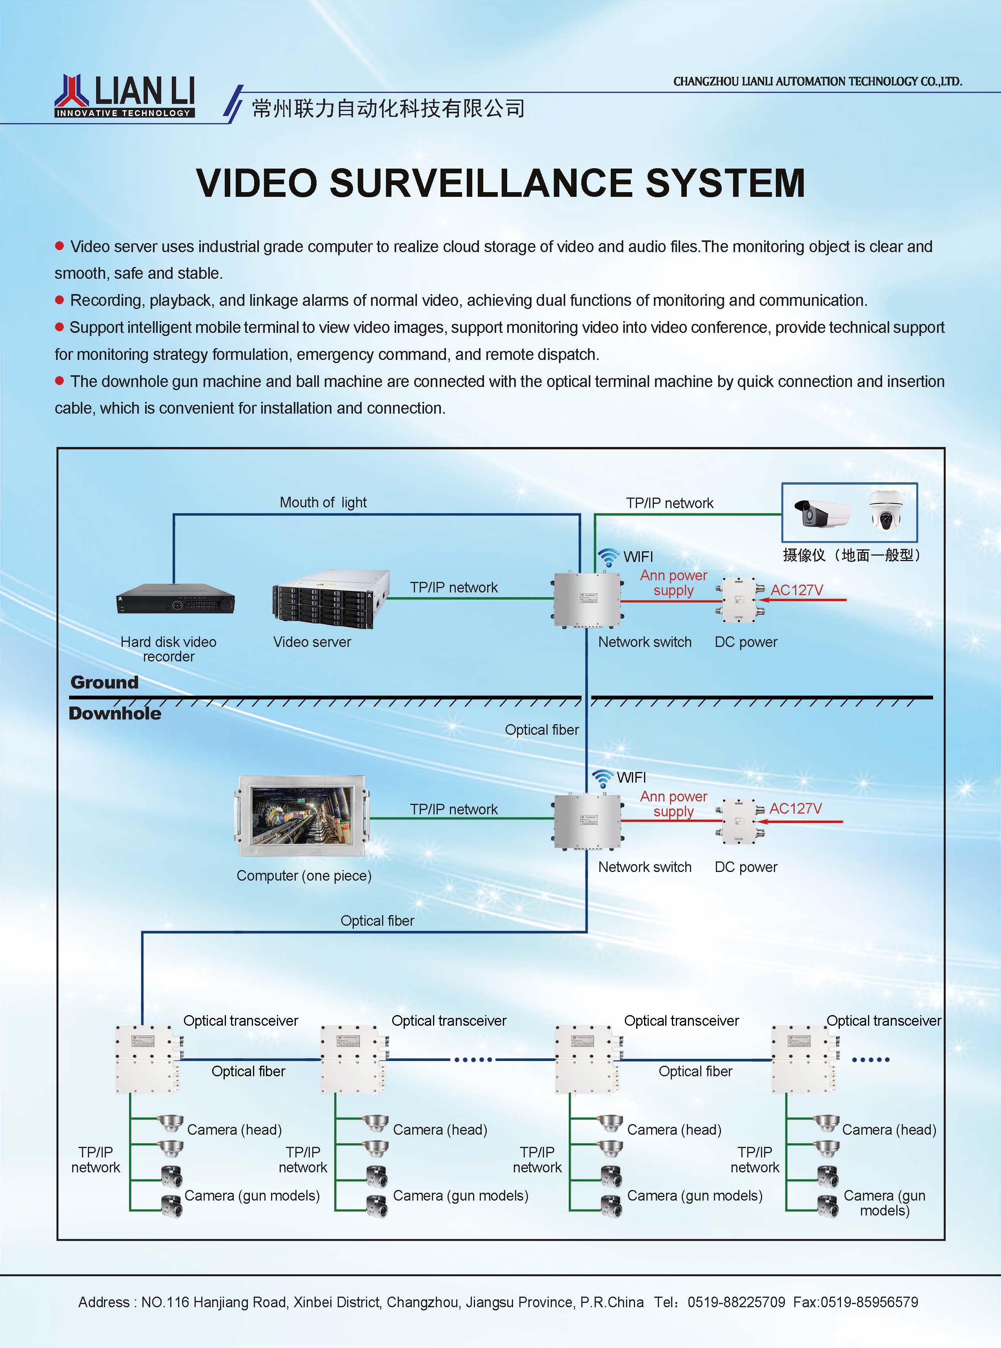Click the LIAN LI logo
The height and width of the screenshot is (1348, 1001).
(125, 96)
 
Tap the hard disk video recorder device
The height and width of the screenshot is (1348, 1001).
(175, 599)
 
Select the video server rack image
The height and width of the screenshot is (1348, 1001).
(331, 600)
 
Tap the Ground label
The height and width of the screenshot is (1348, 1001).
(104, 683)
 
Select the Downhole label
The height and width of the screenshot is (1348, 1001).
(115, 713)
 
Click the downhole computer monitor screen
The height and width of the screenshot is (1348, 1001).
(302, 816)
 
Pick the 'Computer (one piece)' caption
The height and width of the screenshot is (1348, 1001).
(304, 876)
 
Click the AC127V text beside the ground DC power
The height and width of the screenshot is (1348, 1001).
(797, 590)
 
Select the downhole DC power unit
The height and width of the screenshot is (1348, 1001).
(740, 821)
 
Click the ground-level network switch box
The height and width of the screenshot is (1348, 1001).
(587, 600)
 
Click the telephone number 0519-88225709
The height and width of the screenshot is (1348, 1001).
(736, 1302)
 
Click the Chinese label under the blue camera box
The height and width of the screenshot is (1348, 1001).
(851, 555)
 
